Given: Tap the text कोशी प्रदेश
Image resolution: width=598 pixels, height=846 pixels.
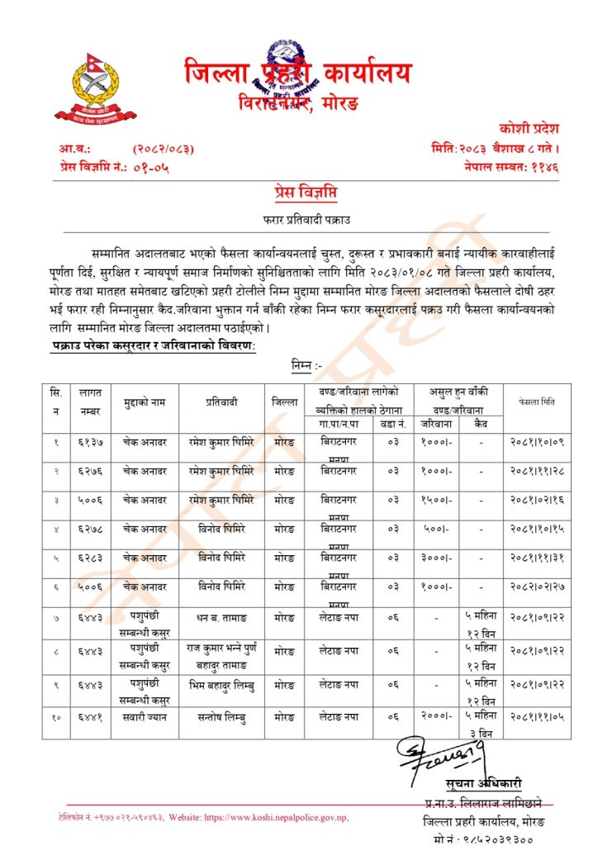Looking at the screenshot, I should (529, 129).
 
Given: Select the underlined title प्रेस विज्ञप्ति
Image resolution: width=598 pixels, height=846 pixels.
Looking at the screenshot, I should (299, 192).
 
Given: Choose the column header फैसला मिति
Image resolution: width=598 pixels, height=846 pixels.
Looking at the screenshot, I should (537, 402).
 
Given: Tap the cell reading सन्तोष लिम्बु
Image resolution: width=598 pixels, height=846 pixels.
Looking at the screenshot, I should (221, 717).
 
